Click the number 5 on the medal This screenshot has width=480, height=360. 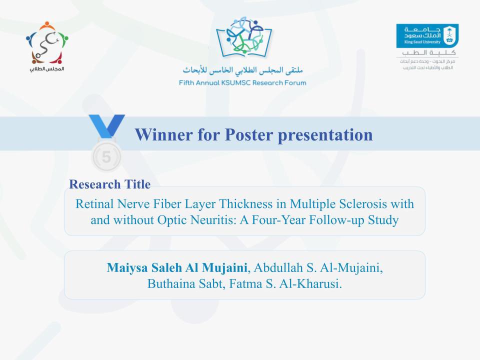pyautogui.click(x=106, y=156)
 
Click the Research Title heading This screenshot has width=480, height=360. pyautogui.click(x=109, y=184)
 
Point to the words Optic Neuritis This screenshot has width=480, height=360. pyautogui.click(x=223, y=220)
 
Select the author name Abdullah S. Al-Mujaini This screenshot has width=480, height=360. pyautogui.click(x=318, y=268)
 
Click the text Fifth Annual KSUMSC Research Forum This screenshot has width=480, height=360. pyautogui.click(x=242, y=82)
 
